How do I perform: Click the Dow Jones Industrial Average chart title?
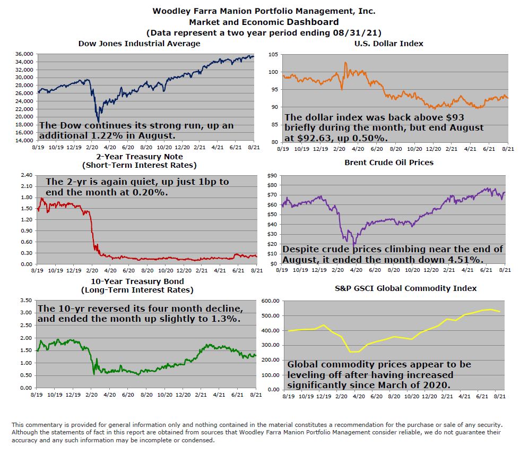139,44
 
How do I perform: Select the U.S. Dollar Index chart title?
388,44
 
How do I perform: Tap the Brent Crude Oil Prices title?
388,162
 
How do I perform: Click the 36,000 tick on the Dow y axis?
25,54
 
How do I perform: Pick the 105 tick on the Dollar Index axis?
273,55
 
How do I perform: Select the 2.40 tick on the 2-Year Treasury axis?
25,174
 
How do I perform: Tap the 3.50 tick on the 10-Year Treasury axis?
25,301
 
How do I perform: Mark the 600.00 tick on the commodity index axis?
270,302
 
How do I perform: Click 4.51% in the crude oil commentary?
461,260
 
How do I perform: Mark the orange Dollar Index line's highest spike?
345,63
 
